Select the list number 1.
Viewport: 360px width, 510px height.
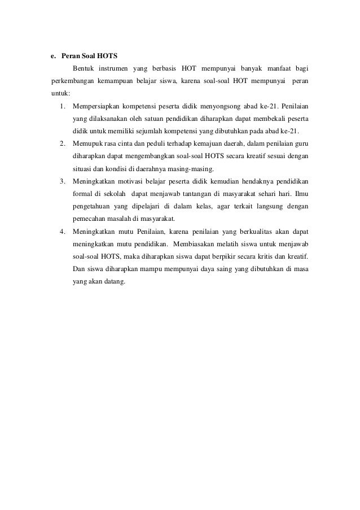[x=61, y=106]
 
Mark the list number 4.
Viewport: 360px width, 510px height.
[x=61, y=232]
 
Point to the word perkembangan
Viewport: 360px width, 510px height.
[x=69, y=81]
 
